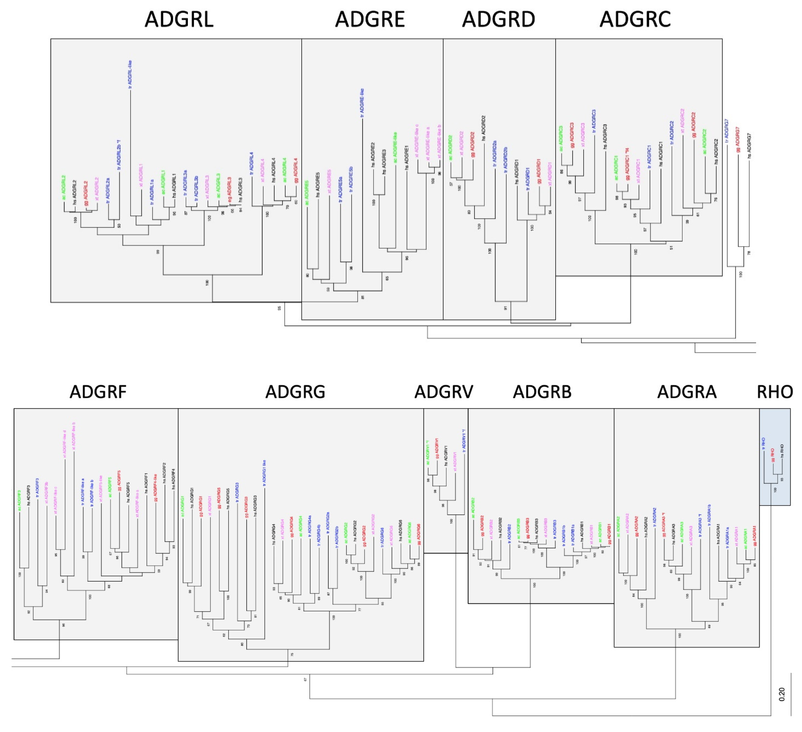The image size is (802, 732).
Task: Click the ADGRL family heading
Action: pos(179,19)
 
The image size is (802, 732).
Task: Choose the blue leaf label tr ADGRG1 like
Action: pos(264,473)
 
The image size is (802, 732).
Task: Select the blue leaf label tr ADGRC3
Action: pos(594,121)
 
